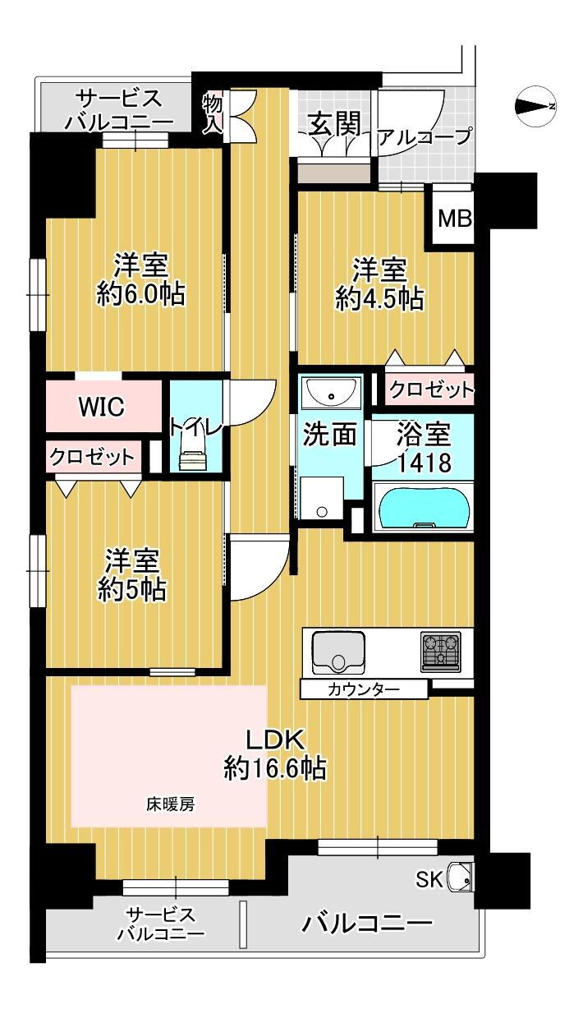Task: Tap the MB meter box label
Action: pyautogui.click(x=454, y=219)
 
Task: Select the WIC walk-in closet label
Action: pyautogui.click(x=101, y=406)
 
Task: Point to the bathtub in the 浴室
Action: pyautogui.click(x=422, y=507)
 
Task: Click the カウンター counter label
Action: pyautogui.click(x=364, y=689)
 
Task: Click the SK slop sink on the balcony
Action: pyautogui.click(x=461, y=880)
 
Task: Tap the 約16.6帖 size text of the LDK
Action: pyautogui.click(x=275, y=769)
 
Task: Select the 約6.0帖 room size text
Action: pyautogui.click(x=140, y=294)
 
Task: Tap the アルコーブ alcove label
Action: pyautogui.click(x=424, y=136)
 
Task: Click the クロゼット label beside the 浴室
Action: pyautogui.click(x=430, y=389)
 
